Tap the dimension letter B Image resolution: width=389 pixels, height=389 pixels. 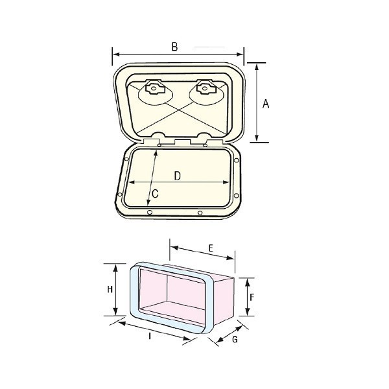tap(174, 47)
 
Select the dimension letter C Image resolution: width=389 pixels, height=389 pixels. tap(155, 193)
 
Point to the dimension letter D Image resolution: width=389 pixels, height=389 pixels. tap(176, 176)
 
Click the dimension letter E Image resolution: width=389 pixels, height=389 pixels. tap(211, 247)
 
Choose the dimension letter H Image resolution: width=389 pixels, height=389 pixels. tap(111, 289)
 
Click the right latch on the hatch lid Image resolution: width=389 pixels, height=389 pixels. tap(204, 87)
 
